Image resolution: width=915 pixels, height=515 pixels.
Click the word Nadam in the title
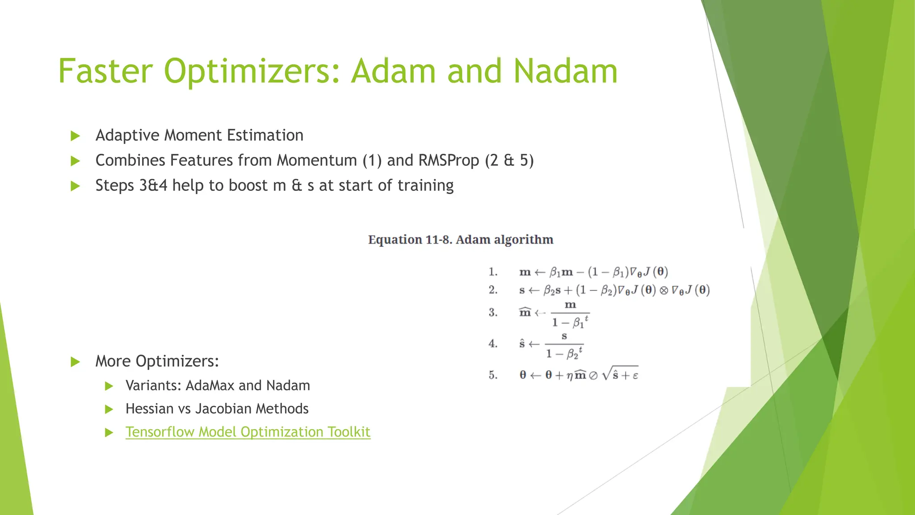565,72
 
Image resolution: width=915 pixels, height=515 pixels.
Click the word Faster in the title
105,72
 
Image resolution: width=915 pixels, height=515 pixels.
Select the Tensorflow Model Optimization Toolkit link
248,432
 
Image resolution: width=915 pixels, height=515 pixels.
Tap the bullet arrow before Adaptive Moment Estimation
76,136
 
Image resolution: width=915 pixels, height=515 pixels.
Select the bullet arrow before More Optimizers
76,362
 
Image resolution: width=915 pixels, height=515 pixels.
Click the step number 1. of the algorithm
493,272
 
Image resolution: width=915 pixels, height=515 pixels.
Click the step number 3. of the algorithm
493,312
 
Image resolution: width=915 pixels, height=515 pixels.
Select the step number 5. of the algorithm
493,375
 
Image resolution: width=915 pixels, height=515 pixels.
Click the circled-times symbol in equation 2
664,291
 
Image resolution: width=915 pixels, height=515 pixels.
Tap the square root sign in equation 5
606,374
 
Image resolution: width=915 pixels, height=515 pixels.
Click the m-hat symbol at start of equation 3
525,312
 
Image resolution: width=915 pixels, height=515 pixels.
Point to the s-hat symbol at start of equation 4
522,344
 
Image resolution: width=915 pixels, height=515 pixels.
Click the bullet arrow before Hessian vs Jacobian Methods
109,409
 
